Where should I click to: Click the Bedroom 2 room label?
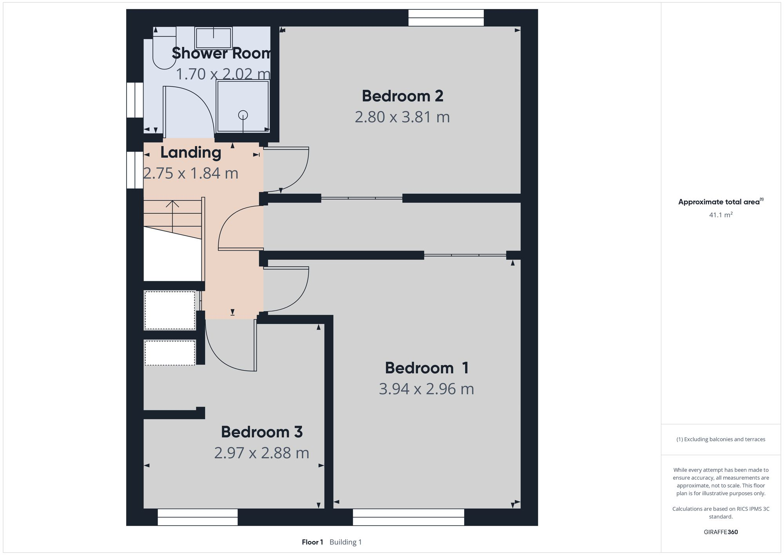pyautogui.click(x=402, y=96)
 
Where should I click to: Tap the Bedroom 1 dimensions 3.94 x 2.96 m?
pyautogui.click(x=426, y=389)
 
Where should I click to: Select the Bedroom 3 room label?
pyautogui.click(x=261, y=432)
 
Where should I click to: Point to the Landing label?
pyautogui.click(x=191, y=153)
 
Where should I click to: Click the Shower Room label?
pyautogui.click(x=221, y=53)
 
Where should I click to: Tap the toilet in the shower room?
pyautogui.click(x=164, y=49)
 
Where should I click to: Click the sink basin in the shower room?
pyautogui.click(x=213, y=38)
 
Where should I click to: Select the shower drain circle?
pyautogui.click(x=243, y=115)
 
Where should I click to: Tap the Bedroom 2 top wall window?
pyautogui.click(x=446, y=18)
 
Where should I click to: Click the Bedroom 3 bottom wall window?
pyautogui.click(x=198, y=517)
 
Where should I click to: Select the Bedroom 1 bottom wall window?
pyautogui.click(x=408, y=517)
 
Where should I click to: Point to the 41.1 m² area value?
pyautogui.click(x=720, y=215)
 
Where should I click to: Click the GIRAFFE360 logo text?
pyautogui.click(x=720, y=532)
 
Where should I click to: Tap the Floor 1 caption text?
pyautogui.click(x=312, y=542)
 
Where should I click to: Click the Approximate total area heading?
pyautogui.click(x=719, y=202)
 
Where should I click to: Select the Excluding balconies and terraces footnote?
pyautogui.click(x=720, y=439)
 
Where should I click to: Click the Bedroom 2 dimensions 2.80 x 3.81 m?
pyautogui.click(x=402, y=117)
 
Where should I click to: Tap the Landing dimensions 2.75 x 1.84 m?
pyautogui.click(x=191, y=173)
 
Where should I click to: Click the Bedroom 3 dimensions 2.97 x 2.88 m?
pyautogui.click(x=261, y=453)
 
